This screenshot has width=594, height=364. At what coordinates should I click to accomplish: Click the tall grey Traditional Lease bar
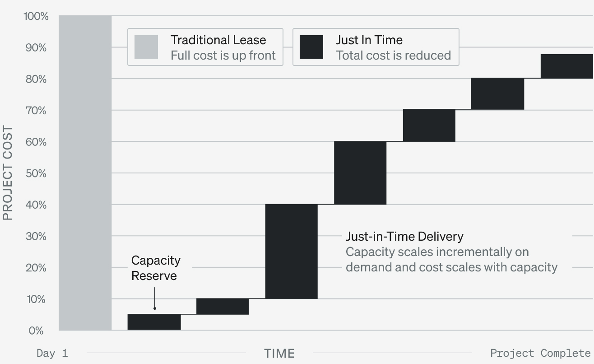[x=85, y=173]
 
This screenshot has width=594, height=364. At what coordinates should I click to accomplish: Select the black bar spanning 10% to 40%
[x=291, y=251]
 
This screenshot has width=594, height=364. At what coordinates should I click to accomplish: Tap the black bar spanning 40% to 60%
[x=360, y=173]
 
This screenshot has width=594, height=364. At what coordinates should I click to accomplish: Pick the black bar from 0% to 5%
[x=154, y=322]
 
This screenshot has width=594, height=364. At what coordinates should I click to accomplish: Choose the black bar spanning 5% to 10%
[x=222, y=306]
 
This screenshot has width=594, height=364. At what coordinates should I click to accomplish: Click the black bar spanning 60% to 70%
[x=429, y=126]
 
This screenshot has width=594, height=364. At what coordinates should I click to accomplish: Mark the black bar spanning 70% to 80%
[x=497, y=94]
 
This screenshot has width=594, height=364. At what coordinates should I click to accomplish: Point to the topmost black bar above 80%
[x=566, y=66]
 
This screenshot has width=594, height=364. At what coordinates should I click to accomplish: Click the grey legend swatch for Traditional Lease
[x=146, y=47]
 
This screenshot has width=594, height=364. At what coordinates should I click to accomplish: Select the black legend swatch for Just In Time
[x=311, y=47]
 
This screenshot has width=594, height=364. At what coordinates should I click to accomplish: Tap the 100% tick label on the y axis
[x=35, y=17]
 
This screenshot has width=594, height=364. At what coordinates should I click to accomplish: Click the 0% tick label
[x=36, y=331]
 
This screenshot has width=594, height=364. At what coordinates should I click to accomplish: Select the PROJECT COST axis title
[x=8, y=173]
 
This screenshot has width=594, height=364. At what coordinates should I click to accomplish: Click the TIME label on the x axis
[x=279, y=353]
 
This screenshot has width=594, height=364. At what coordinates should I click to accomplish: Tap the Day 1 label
[x=52, y=353]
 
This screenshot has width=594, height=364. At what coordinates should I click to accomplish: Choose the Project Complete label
[x=540, y=353]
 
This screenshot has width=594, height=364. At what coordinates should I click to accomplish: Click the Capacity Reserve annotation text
[x=156, y=268]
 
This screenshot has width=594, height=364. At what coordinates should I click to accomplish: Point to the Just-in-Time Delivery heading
[x=404, y=236]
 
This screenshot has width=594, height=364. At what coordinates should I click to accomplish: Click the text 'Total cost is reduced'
[x=393, y=55]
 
